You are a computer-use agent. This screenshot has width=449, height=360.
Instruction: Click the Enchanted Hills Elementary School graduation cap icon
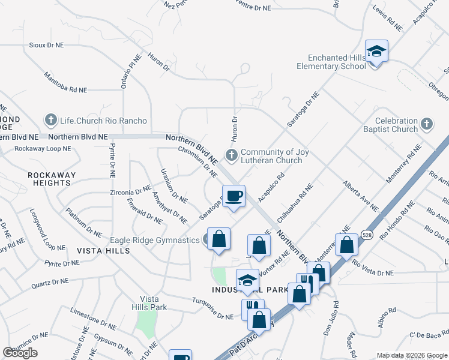coord(376,51)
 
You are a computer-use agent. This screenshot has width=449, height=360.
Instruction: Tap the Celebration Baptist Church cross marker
coord(426,124)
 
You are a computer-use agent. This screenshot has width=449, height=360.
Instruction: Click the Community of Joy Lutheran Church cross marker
coord(231,155)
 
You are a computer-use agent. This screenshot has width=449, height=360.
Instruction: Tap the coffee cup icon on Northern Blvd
coord(234,196)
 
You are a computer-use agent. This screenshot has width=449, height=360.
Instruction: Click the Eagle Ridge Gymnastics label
coord(154,240)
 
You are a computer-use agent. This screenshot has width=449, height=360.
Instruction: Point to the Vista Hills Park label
coord(150,303)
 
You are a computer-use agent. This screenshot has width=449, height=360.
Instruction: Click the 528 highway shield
coord(367,236)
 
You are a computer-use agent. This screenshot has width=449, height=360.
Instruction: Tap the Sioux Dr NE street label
coord(46,45)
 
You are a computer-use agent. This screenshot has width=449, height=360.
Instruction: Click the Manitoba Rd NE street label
coord(65,83)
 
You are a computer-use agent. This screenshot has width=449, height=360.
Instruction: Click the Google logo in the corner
coord(20,353)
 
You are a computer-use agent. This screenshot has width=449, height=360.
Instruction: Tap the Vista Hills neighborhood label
coord(103,250)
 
